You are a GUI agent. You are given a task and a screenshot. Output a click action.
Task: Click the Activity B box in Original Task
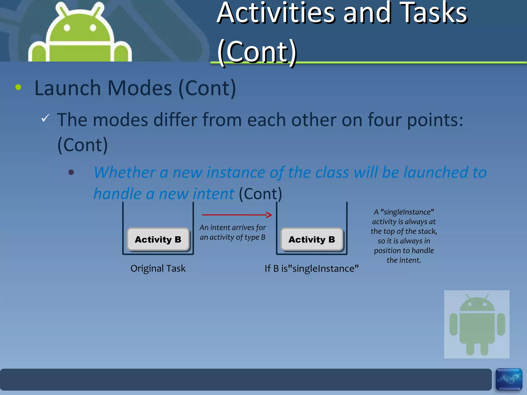(x=158, y=239)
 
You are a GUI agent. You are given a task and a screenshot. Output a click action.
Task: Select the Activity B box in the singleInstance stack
(x=312, y=239)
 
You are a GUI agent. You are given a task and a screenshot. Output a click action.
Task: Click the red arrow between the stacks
(x=237, y=215)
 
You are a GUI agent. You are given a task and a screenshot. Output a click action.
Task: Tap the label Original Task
(x=158, y=268)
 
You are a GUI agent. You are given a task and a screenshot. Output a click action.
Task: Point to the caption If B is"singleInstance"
(x=311, y=268)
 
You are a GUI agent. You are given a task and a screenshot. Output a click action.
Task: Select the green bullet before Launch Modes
(x=18, y=87)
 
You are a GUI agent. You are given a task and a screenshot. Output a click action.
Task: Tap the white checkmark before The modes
(x=45, y=118)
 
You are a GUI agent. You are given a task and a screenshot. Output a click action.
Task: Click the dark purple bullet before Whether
(x=71, y=172)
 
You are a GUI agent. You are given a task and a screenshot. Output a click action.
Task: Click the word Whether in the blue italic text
(x=125, y=172)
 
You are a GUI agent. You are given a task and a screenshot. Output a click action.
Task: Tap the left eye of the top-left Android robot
(x=67, y=28)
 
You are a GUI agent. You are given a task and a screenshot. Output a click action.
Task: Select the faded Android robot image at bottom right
(x=477, y=324)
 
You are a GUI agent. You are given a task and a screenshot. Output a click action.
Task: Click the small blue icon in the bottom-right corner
(x=509, y=379)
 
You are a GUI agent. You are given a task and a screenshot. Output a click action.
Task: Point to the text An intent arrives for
(x=233, y=228)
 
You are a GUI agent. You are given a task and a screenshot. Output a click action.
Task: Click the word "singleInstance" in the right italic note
(x=407, y=212)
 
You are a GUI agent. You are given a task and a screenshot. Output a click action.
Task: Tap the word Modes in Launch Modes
(x=139, y=88)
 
